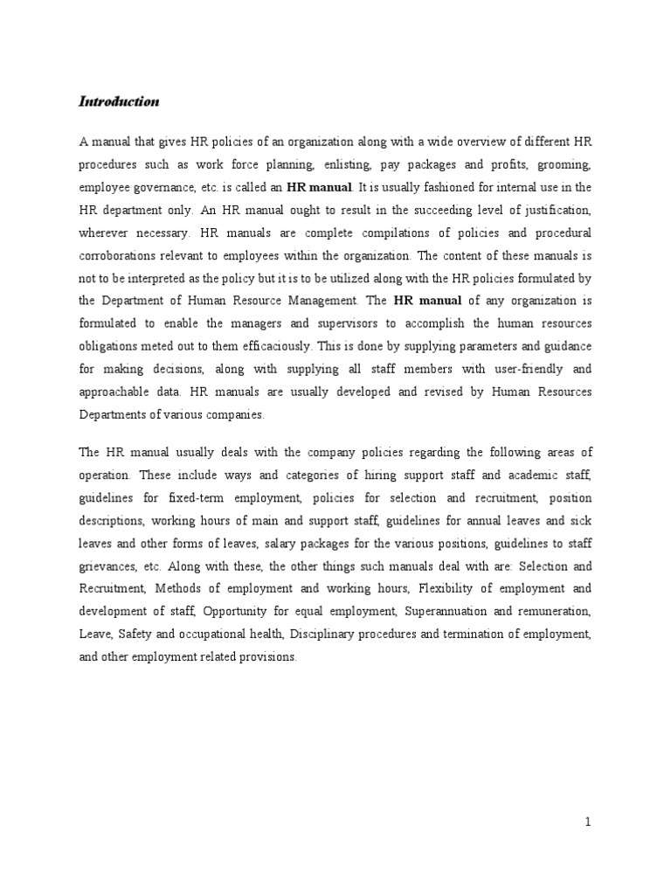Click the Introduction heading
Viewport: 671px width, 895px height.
(119, 102)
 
